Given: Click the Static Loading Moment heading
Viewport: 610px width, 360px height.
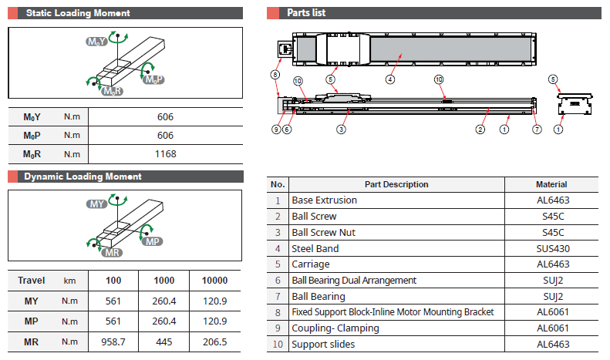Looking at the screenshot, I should [x=77, y=13].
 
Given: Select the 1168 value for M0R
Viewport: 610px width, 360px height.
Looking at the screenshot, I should [x=165, y=153].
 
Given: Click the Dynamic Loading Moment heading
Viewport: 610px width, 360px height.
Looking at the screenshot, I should [x=83, y=177].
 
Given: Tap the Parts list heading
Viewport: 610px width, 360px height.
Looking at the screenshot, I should [x=306, y=13].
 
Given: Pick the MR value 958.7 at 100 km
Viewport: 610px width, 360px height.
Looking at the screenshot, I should [x=114, y=340].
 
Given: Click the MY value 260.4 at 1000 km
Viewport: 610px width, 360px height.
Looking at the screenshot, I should [x=165, y=301].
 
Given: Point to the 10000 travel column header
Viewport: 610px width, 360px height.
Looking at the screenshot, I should [x=214, y=281].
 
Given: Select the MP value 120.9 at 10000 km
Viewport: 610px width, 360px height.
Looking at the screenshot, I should [x=214, y=321].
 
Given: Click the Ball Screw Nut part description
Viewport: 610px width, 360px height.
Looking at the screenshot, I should [x=324, y=232].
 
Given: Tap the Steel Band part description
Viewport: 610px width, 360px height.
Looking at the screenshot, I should [x=315, y=248].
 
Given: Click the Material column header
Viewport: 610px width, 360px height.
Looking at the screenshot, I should [x=551, y=184].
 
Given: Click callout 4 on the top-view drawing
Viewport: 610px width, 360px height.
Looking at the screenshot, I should [x=390, y=79].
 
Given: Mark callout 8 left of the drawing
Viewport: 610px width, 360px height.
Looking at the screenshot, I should [x=274, y=75].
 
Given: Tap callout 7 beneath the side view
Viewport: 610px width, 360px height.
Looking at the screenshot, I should [x=538, y=130].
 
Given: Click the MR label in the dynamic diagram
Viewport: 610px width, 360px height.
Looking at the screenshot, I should [x=113, y=253].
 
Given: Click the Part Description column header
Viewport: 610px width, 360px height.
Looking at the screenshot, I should [x=396, y=184].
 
